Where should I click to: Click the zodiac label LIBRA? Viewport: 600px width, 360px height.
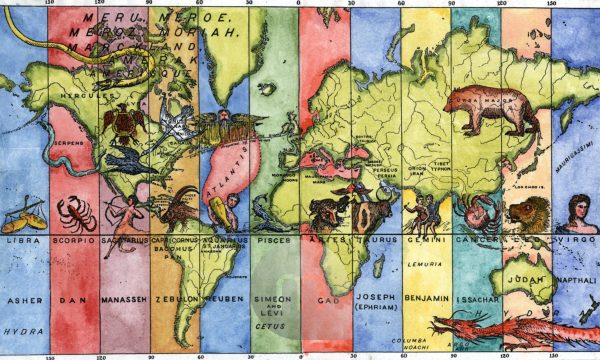22,241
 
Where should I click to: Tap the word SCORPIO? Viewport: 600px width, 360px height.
74,241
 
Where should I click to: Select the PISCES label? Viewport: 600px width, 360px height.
272,241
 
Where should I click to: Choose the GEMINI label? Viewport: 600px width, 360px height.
427,241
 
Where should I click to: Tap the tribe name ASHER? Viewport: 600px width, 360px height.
22,299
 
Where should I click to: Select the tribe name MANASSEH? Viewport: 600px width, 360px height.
124,299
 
